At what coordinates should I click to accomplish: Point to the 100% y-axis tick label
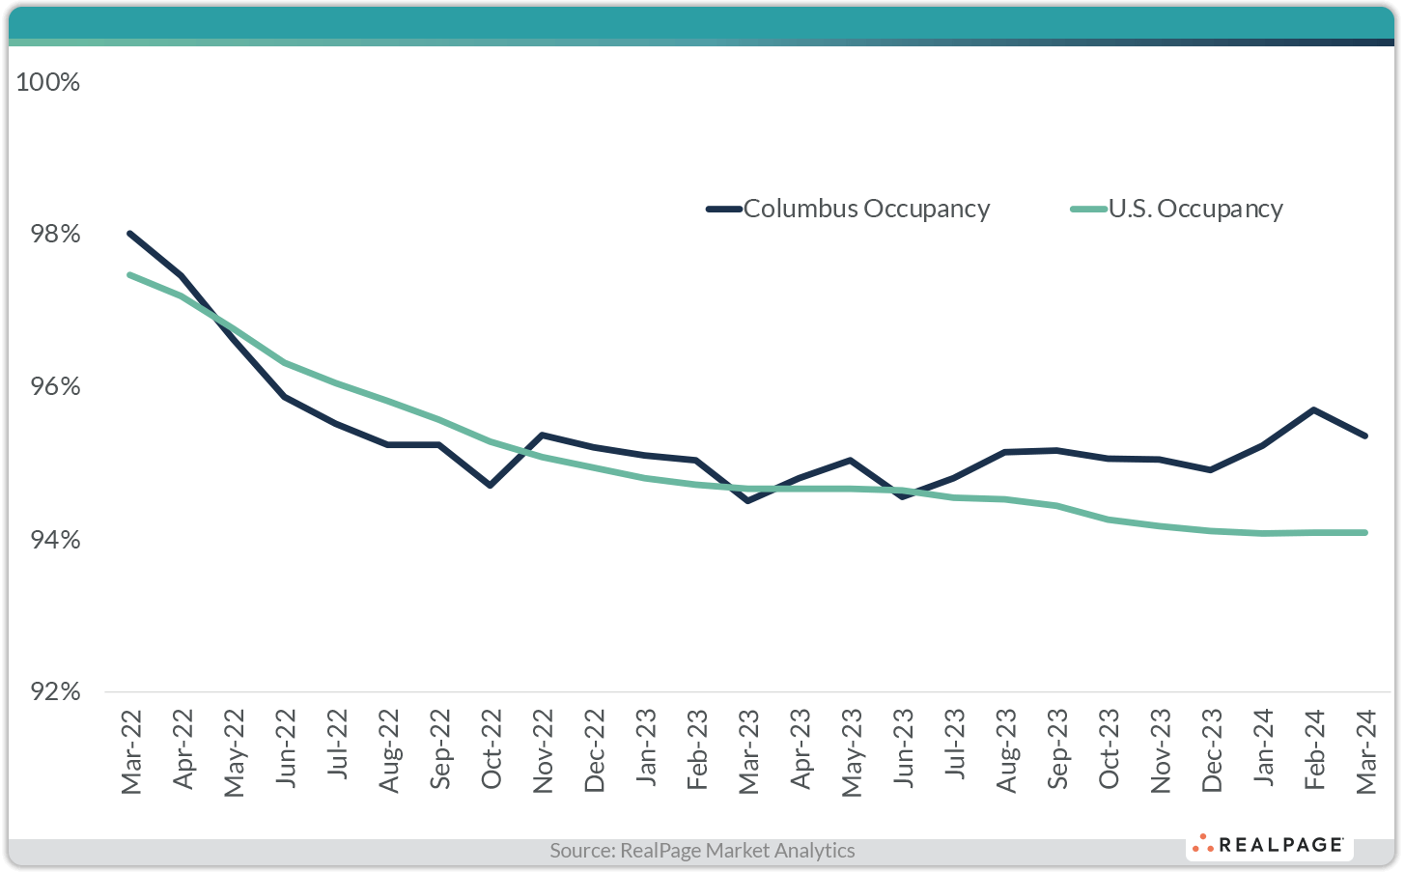coord(48,82)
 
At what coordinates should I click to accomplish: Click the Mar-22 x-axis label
coord(131,752)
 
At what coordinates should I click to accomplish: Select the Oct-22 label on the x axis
coord(492,752)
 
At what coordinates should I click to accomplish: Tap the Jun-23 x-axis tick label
coord(903,752)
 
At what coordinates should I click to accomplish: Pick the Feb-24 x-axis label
coord(1314,752)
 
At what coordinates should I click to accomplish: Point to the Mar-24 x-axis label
coord(1365,752)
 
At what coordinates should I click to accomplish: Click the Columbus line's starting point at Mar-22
coord(129,234)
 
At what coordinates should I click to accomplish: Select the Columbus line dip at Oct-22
coord(491,485)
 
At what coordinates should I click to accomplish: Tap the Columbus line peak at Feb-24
coord(1314,409)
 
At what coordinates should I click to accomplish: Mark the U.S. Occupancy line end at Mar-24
coord(1365,532)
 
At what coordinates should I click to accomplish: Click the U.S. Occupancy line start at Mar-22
coord(129,275)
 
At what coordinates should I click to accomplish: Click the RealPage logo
coord(1270,845)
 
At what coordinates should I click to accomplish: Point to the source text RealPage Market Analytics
coord(702,851)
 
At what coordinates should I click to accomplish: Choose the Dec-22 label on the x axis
coord(595,752)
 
